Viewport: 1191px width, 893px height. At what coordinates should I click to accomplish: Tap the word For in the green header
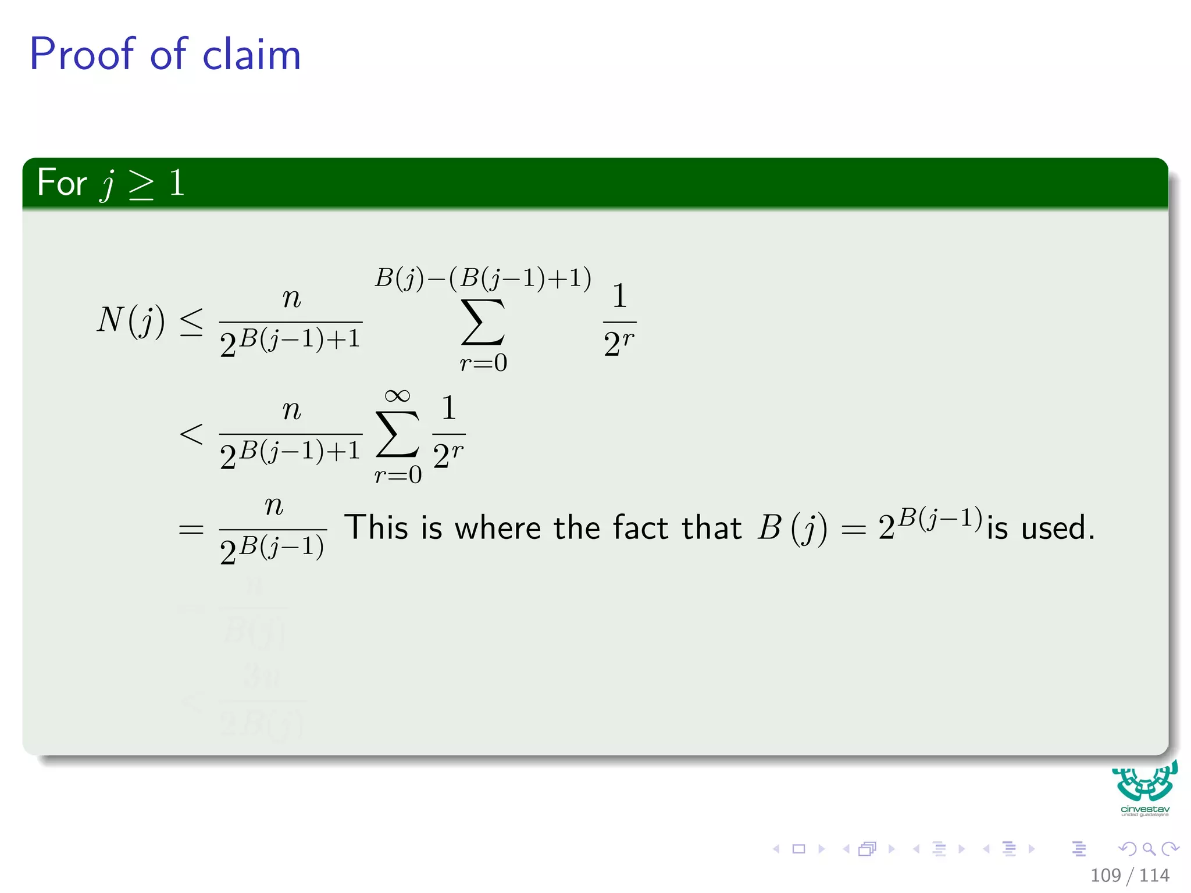(62, 183)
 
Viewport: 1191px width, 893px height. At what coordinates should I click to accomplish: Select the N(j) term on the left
(131, 320)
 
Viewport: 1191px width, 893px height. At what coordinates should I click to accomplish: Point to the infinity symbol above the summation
(397, 396)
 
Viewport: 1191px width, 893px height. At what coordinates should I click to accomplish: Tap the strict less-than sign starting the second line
(191, 434)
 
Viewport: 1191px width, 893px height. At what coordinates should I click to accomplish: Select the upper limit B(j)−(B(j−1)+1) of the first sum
(483, 278)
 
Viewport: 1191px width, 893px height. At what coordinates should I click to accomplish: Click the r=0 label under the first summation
(483, 363)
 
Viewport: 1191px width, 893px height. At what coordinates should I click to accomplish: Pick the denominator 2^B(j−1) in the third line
(272, 549)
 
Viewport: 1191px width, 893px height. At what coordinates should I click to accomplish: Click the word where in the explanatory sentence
(498, 528)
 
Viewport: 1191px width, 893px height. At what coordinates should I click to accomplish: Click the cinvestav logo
(1144, 788)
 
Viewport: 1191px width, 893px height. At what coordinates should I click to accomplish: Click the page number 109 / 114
(1129, 875)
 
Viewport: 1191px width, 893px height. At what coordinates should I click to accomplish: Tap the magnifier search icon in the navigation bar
(1149, 849)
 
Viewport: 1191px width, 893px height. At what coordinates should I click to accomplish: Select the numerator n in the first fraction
(291, 298)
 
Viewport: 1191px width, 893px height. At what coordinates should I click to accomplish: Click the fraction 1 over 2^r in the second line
(448, 433)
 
